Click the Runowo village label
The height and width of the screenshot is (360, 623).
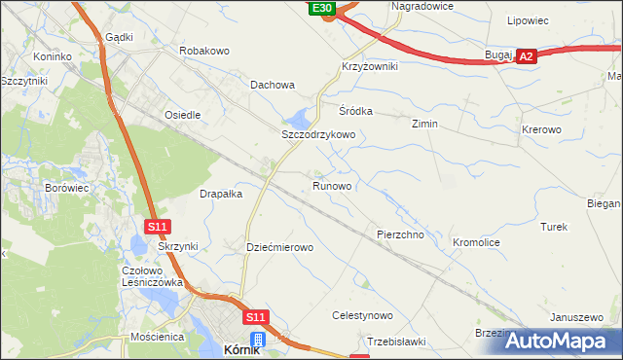332,185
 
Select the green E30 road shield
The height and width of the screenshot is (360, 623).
323,8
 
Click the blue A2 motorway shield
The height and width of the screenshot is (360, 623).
527,58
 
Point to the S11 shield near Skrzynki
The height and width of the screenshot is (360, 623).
160,227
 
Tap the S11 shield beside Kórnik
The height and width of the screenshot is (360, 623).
255,317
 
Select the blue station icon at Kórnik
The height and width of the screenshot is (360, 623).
258,339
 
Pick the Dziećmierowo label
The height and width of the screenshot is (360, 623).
280,248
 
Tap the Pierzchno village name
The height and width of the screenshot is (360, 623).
399,235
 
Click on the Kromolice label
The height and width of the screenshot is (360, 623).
477,240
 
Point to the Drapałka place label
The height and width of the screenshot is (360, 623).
221,194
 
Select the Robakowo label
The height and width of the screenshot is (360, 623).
203,49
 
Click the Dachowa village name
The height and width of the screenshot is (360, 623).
273,85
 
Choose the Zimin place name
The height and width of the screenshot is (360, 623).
424,125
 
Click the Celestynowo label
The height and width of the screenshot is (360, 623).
362,316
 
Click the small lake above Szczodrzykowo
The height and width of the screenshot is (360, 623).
303,119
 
